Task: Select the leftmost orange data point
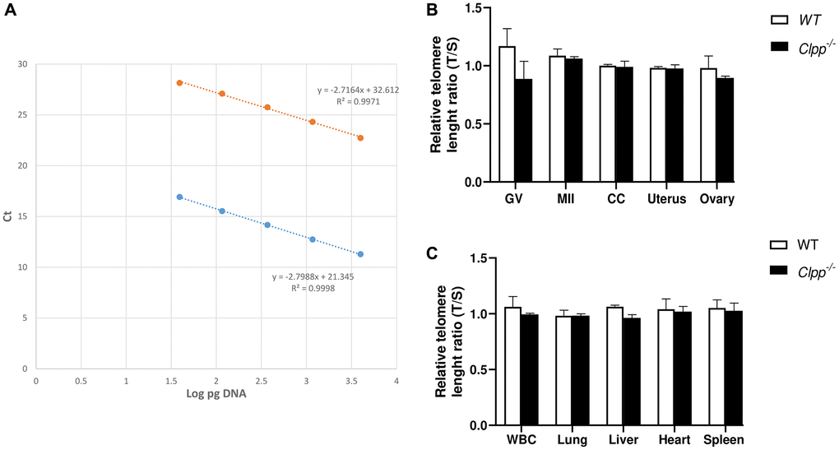179,82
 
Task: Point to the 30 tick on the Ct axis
22,64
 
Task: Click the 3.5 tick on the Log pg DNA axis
351,381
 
